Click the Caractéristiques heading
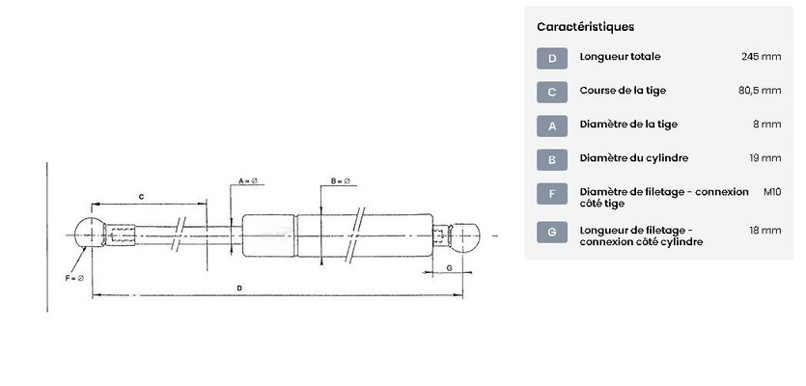coord(585,27)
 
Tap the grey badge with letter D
coord(552,58)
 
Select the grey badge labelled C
coord(552,92)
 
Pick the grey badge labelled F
coord(552,194)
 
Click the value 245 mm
coord(761,57)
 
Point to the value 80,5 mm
coord(760,91)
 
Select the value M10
coord(772,192)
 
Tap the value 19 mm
coord(764,158)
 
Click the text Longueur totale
coord(620,57)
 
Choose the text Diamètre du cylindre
coord(634,158)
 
